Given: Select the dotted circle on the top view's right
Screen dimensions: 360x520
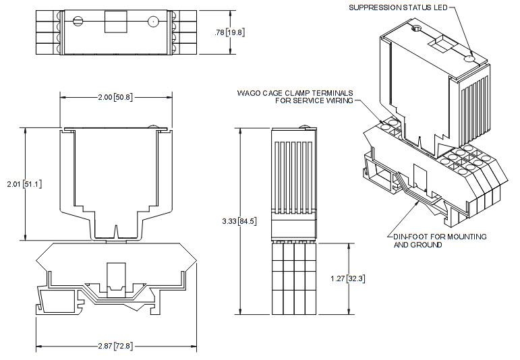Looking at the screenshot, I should pos(153,22).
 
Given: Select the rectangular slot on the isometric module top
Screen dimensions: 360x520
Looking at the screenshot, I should pos(442,46).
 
